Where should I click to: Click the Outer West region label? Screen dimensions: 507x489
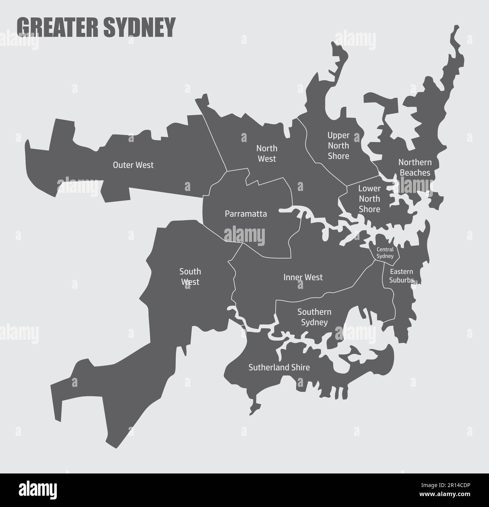point(133,165)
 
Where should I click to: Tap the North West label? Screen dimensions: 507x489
point(267,153)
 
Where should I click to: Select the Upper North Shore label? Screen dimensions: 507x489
point(338,145)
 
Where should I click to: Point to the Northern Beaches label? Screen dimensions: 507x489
point(415,168)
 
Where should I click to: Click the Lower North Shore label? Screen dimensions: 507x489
point(369,199)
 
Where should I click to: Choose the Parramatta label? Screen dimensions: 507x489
point(246,214)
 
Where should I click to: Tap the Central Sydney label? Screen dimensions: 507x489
point(385,253)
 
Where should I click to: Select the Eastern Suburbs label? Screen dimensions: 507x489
point(401,276)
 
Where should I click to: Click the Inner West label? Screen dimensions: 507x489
point(303,278)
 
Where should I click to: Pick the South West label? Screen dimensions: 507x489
point(190,276)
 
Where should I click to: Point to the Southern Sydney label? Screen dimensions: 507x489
point(314,317)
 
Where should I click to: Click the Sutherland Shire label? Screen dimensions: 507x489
point(279,367)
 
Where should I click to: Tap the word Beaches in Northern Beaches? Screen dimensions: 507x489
point(415,173)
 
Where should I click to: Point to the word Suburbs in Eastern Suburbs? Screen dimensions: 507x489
point(401,280)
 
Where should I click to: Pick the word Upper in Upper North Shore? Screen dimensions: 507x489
point(338,135)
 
